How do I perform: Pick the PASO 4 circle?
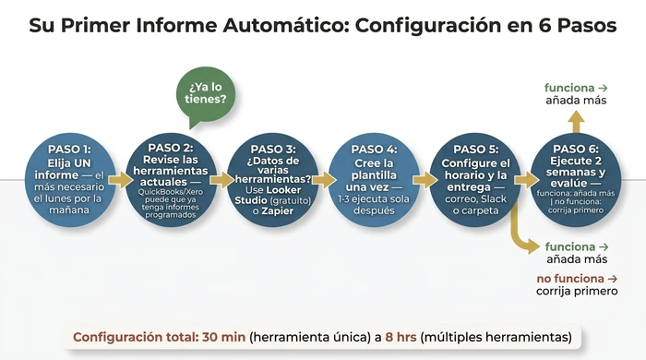coord(374,178)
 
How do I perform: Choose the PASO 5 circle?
coord(476,178)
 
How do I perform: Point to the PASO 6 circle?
coord(577,178)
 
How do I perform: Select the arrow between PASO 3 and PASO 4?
coord(323,178)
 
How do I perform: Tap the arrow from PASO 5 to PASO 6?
coord(526,178)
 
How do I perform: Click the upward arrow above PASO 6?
coord(576,123)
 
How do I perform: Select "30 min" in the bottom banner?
coord(224,336)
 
